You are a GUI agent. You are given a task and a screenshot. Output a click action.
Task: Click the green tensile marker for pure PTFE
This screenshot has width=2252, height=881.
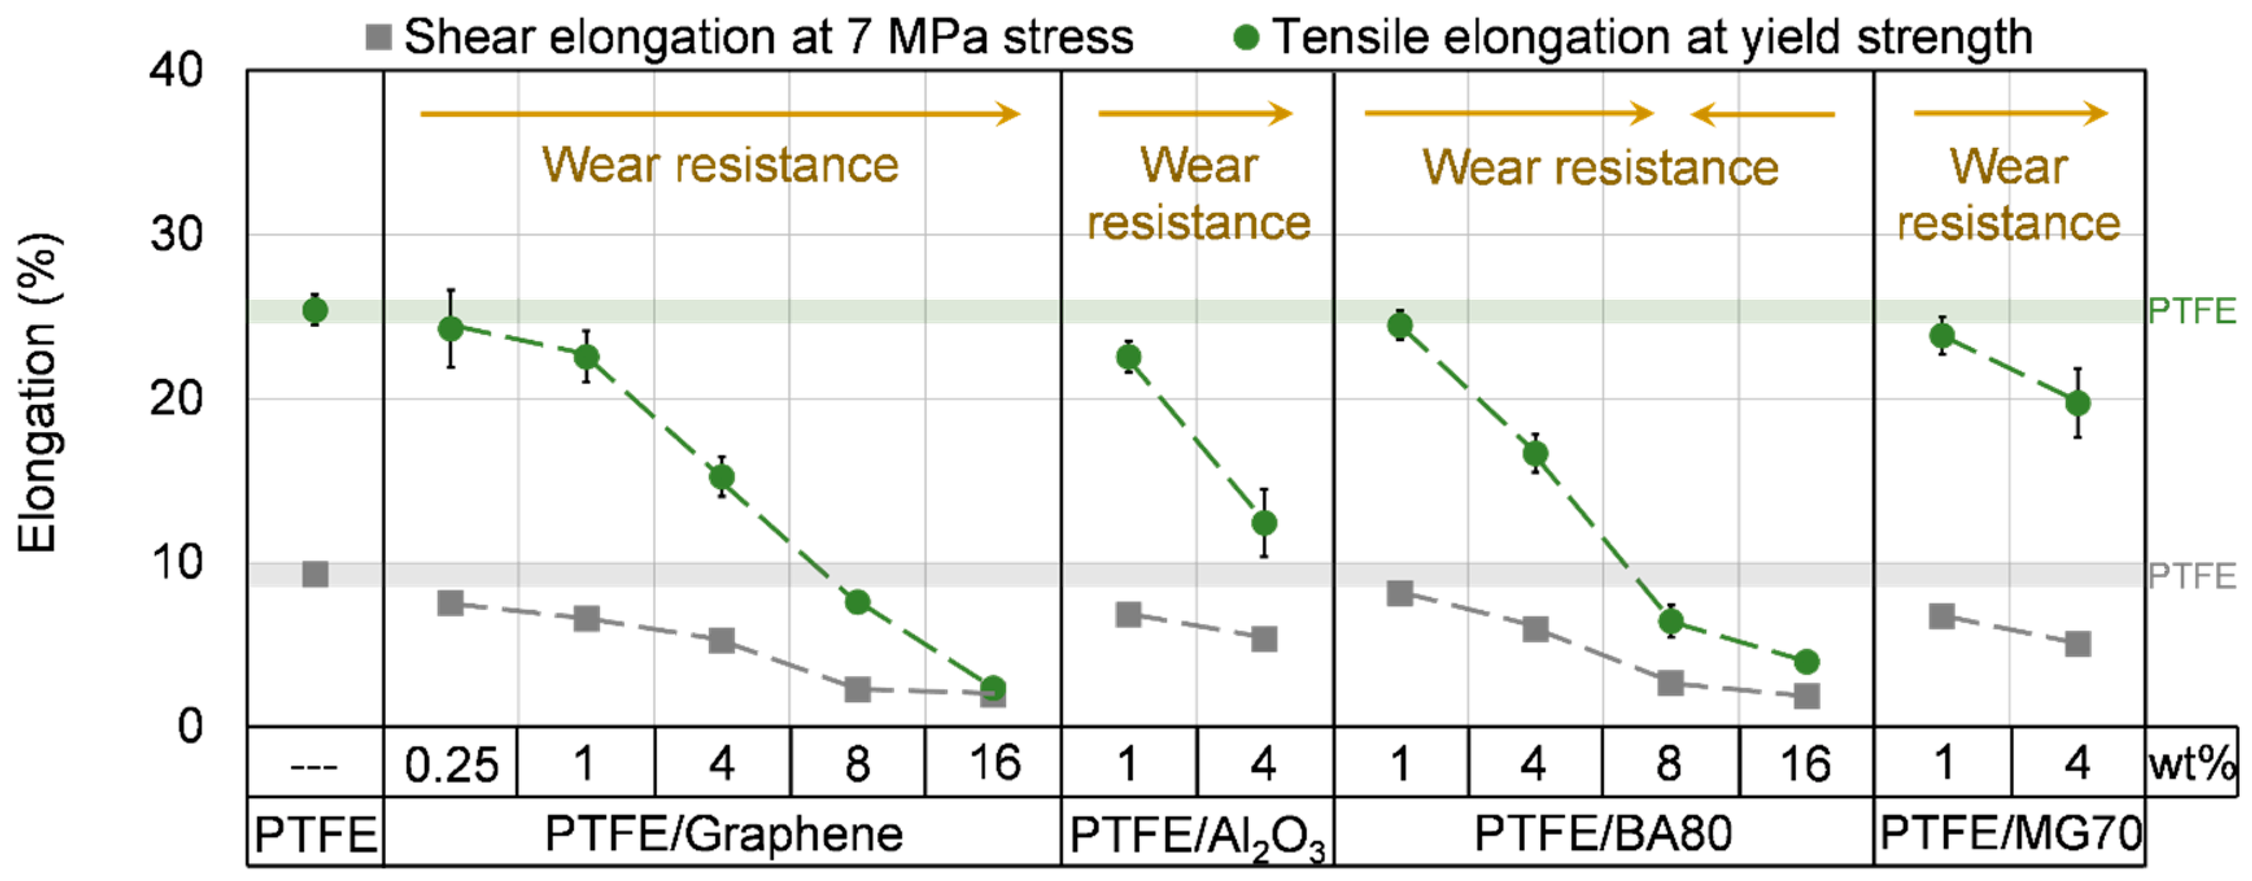pos(315,310)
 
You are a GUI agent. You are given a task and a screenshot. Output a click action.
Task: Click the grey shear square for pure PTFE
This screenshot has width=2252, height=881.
pos(315,574)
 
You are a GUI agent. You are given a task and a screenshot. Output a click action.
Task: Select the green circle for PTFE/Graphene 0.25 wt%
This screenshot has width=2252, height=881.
pos(450,329)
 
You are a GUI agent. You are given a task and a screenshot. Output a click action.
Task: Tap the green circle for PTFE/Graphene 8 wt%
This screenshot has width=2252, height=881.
pos(857,602)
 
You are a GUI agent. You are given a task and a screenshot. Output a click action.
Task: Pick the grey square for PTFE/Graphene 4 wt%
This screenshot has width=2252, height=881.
pos(722,641)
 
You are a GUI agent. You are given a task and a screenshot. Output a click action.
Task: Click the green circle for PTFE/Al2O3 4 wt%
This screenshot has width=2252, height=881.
pos(1264,524)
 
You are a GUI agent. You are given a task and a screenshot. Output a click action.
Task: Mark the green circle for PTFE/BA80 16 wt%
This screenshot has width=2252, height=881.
pos(1807,662)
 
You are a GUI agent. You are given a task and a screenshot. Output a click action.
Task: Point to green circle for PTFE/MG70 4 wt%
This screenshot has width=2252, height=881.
pos(2078,404)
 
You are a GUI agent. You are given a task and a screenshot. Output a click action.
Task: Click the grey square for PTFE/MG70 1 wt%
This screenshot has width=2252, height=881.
pos(1943,616)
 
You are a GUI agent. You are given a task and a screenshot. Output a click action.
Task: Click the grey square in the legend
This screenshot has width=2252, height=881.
pos(377,38)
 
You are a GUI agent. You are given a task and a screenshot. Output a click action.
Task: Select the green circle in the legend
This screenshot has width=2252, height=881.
pos(1246,38)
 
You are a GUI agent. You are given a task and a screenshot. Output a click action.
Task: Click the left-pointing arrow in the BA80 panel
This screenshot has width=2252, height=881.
pos(1762,114)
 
